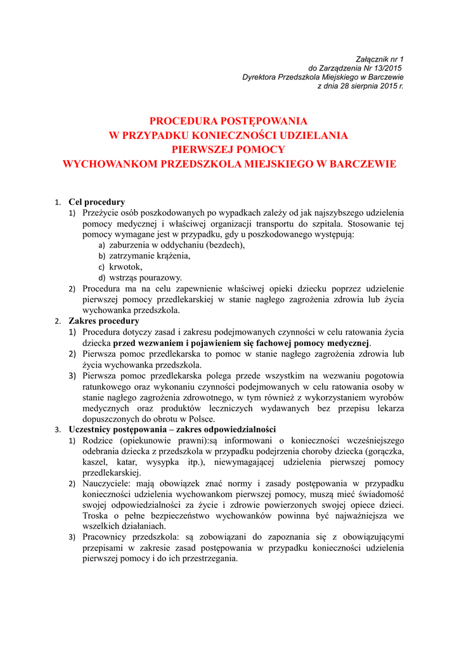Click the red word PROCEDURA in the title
coord(184,121)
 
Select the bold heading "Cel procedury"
coord(96,202)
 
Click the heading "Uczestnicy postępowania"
coord(119,429)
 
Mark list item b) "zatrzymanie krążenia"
coord(150,256)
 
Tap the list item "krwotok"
coord(127,267)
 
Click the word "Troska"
coord(96,516)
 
